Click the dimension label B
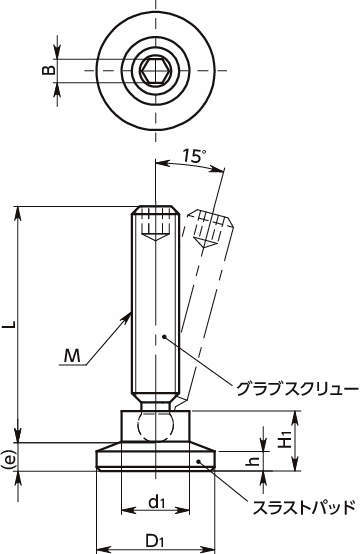pyautogui.click(x=49, y=70)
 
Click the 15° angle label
pyautogui.click(x=194, y=157)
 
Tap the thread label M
pyautogui.click(x=72, y=356)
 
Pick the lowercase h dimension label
pyautogui.click(x=255, y=460)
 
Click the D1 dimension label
pyautogui.click(x=154, y=540)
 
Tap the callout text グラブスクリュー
pyautogui.click(x=297, y=389)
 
